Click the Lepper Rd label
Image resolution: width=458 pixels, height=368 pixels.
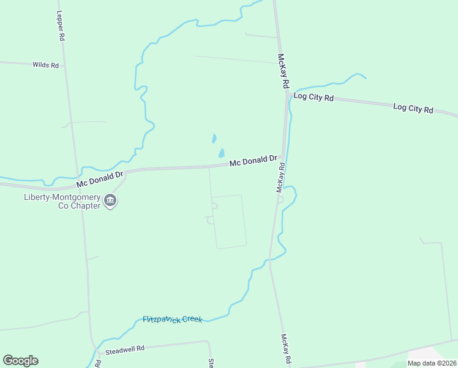coord(61,25)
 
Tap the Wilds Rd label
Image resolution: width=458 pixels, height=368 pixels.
coord(45,64)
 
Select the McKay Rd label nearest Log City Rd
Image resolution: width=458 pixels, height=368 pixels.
coord(283,71)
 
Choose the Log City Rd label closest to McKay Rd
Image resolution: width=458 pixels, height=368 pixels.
coord(313,97)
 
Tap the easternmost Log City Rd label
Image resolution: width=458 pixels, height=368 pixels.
coord(413,109)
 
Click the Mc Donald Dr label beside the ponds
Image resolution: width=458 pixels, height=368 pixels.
coord(253,161)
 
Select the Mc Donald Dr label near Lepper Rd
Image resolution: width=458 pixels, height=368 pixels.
coord(100,180)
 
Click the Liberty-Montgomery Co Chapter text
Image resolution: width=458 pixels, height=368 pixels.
coord(62,201)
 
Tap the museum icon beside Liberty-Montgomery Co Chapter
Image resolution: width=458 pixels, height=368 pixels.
coord(110,201)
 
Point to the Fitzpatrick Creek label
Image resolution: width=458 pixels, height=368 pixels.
coord(172,320)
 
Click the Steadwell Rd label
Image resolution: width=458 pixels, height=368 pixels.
coord(124,348)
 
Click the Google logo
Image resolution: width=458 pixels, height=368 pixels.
coord(20,361)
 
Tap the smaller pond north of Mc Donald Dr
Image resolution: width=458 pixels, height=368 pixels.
coord(214,139)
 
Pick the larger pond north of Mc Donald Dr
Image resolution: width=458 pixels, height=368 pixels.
coord(221,153)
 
